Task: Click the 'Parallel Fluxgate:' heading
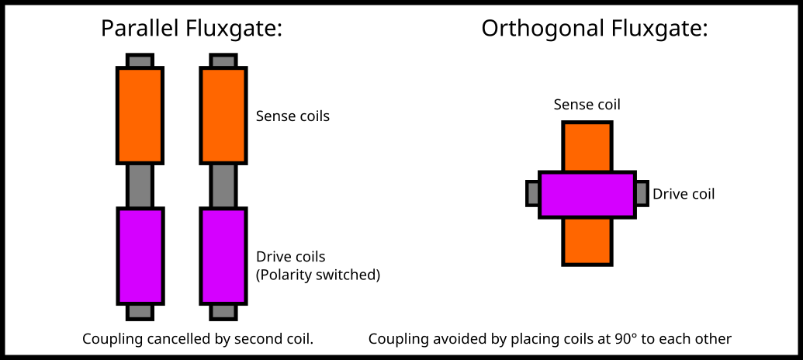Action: click(x=191, y=29)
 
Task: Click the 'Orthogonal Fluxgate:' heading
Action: click(x=594, y=29)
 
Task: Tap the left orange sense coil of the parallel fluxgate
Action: click(x=140, y=116)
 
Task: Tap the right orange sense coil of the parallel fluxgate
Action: click(x=223, y=116)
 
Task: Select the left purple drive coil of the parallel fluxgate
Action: click(x=140, y=256)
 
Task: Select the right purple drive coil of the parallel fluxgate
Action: click(x=223, y=256)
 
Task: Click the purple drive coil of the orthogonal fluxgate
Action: click(x=587, y=194)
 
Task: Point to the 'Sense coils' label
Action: click(x=292, y=116)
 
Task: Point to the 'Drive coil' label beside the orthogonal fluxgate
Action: click(x=684, y=194)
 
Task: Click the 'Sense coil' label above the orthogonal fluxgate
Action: click(x=587, y=104)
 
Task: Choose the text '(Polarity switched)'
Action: click(x=318, y=275)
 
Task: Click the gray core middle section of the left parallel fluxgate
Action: click(x=140, y=186)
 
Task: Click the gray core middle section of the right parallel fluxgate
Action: click(x=223, y=186)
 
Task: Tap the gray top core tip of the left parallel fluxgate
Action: click(x=140, y=60)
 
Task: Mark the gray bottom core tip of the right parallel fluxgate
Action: click(x=223, y=312)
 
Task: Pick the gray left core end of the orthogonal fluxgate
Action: click(x=532, y=193)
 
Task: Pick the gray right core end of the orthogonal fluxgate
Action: click(x=642, y=193)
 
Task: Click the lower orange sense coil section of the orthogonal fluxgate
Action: click(x=587, y=241)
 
